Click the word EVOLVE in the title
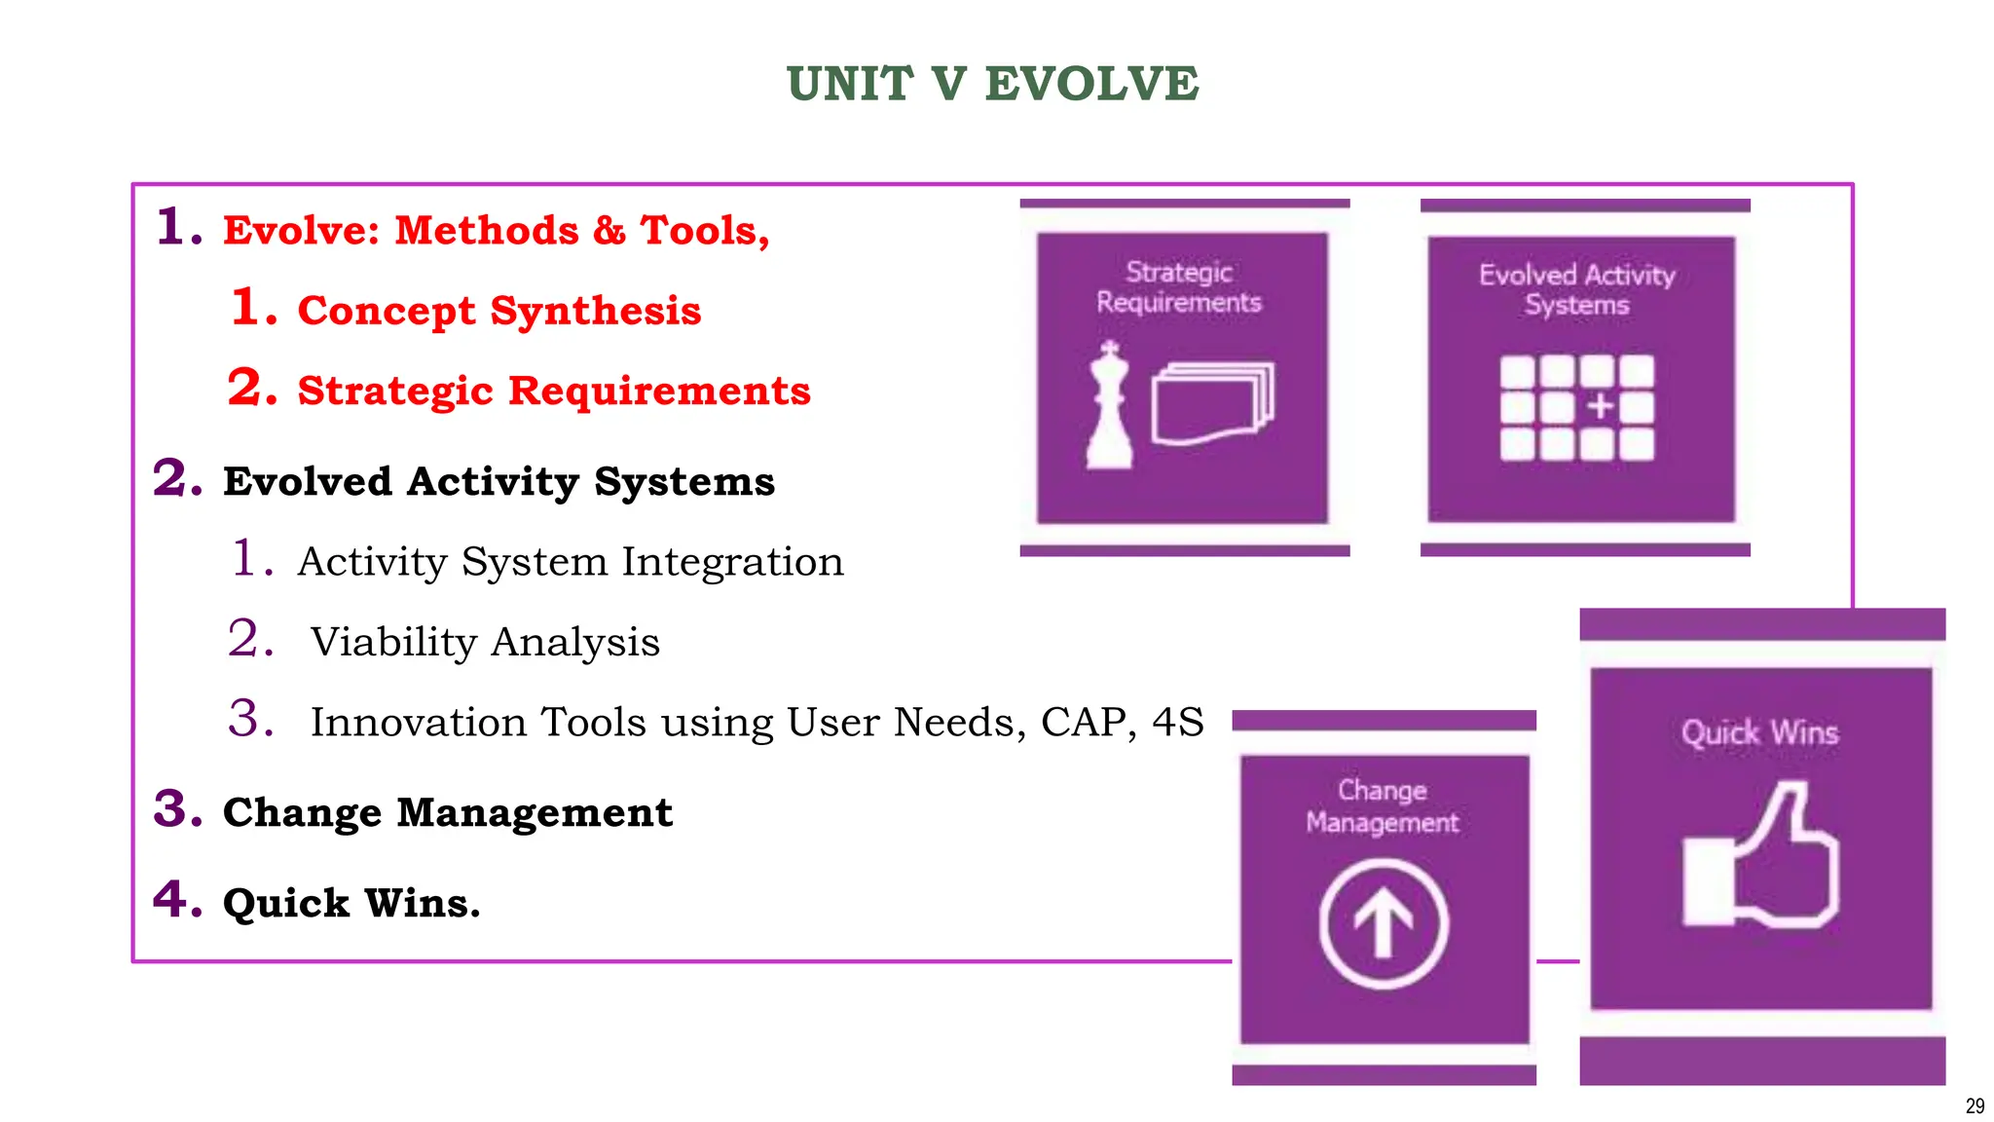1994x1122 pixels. tap(1091, 84)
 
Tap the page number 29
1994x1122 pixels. tap(1975, 1105)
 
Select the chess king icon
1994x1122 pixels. tap(1109, 406)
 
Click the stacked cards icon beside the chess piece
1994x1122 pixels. tap(1212, 403)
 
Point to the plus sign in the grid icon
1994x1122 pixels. tap(1600, 406)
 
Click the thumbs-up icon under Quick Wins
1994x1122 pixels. tap(1760, 856)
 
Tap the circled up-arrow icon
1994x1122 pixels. tap(1384, 924)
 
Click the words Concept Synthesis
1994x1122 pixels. tap(498, 311)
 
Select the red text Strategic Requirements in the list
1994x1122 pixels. tap(553, 391)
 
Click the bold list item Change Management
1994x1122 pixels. tap(447, 812)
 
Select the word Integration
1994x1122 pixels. tap(732, 562)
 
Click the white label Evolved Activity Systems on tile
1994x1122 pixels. tap(1576, 289)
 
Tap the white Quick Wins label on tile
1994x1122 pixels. tap(1759, 732)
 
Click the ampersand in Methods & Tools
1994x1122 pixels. tap(609, 231)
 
